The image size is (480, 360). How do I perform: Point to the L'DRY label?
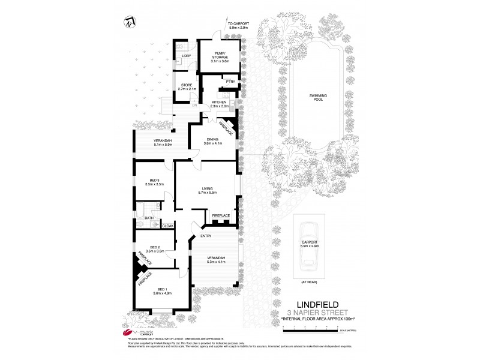point(186,56)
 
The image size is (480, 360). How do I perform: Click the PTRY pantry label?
point(229,80)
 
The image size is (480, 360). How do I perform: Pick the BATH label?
point(148,218)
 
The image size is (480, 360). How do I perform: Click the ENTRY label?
point(197,236)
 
